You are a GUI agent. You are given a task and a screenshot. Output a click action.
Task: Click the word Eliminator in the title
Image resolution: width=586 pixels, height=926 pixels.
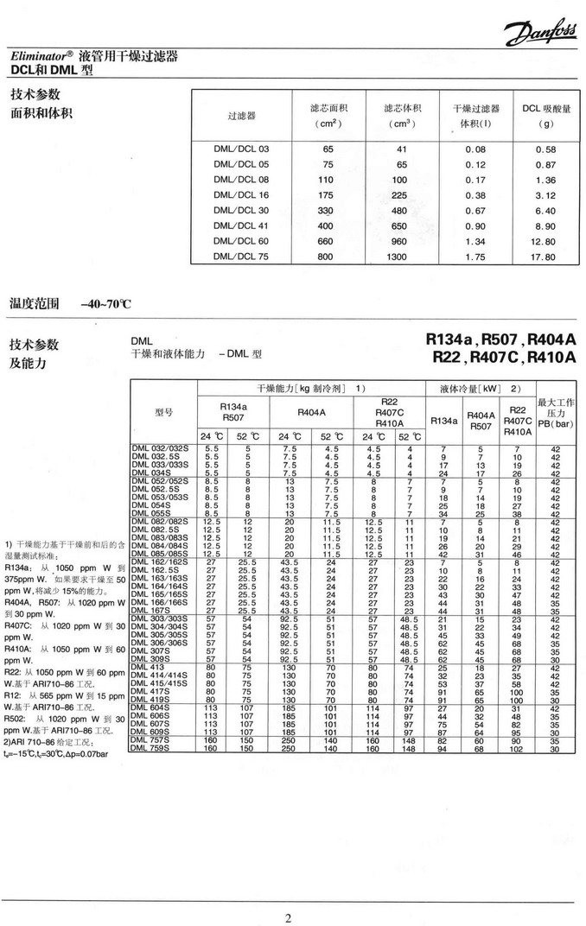38,57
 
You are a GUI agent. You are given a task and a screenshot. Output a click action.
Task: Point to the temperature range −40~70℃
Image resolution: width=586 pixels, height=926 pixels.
105,303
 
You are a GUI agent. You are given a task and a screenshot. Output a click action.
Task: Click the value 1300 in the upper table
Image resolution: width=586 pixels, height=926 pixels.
396,257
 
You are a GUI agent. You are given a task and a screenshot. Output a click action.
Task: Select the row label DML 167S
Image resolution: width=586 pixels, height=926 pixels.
149,610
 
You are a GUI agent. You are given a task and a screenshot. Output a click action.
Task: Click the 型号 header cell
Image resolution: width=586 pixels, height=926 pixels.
164,411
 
